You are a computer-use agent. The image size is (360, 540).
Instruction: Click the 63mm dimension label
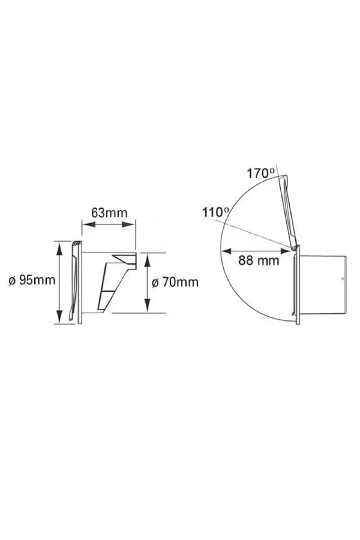pos(109,213)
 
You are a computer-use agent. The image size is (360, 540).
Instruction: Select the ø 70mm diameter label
pos(175,282)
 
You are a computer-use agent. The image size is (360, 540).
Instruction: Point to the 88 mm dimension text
pos(259,261)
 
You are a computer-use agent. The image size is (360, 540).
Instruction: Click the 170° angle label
pos(261,174)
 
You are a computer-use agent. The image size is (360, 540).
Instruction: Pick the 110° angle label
pos(216,212)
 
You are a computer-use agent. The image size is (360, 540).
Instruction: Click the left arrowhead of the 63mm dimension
pos(88,225)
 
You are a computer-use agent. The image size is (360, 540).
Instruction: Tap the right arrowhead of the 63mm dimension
pos(128,225)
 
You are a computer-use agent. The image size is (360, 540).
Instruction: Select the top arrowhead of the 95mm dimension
pos(59,248)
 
